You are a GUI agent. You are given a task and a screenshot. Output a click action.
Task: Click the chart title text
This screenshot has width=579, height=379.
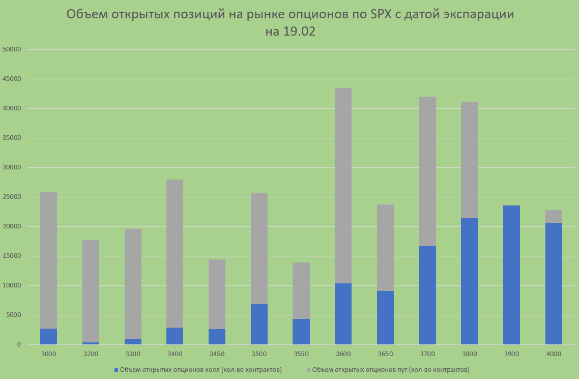click(290, 22)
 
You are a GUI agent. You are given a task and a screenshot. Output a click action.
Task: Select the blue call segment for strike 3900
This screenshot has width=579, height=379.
click(511, 275)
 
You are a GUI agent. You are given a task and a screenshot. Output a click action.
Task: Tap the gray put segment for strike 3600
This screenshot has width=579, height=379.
click(343, 186)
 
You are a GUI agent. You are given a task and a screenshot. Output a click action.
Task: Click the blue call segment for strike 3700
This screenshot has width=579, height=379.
click(427, 295)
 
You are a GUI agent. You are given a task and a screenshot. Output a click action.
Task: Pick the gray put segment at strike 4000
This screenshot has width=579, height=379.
click(554, 216)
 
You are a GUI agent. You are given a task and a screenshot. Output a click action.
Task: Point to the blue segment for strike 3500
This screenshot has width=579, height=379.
click(259, 324)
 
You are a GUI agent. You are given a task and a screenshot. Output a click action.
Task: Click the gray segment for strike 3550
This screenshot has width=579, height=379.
click(301, 290)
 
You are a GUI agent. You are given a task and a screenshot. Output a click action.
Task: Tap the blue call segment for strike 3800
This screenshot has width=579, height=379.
click(469, 281)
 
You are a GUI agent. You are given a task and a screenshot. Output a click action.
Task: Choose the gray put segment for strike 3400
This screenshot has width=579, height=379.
click(175, 253)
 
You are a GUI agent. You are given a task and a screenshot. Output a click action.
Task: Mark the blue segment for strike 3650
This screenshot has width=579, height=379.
click(385, 317)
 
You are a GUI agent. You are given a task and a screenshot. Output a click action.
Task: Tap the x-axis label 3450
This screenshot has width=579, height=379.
click(217, 354)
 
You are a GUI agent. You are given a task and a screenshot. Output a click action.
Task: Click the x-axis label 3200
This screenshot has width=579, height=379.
click(91, 354)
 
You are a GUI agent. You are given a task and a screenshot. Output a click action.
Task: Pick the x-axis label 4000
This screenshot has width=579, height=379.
click(554, 354)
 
